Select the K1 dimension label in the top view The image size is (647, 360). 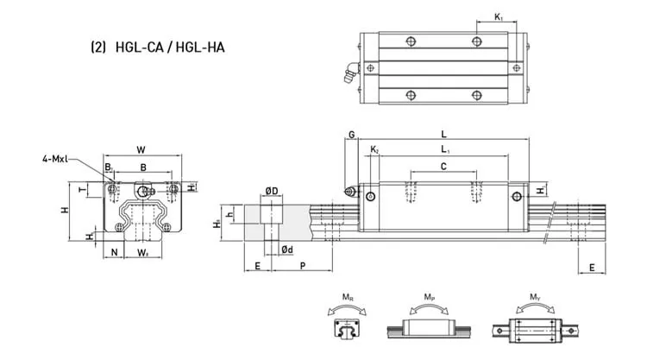[499, 16]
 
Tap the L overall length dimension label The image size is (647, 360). [443, 135]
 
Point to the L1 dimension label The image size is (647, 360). [443, 151]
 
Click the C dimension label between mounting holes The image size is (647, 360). [443, 166]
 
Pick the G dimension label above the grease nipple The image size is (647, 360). [351, 135]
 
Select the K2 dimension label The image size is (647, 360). [374, 151]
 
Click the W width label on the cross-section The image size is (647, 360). [141, 149]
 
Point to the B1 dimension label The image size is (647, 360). [109, 166]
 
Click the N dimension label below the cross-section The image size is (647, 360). [114, 253]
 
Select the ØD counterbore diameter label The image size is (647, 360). [270, 191]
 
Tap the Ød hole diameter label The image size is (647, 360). [286, 250]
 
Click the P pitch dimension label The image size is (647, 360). [301, 267]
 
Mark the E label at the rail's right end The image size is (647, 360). [591, 268]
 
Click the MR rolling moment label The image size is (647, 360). [346, 297]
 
